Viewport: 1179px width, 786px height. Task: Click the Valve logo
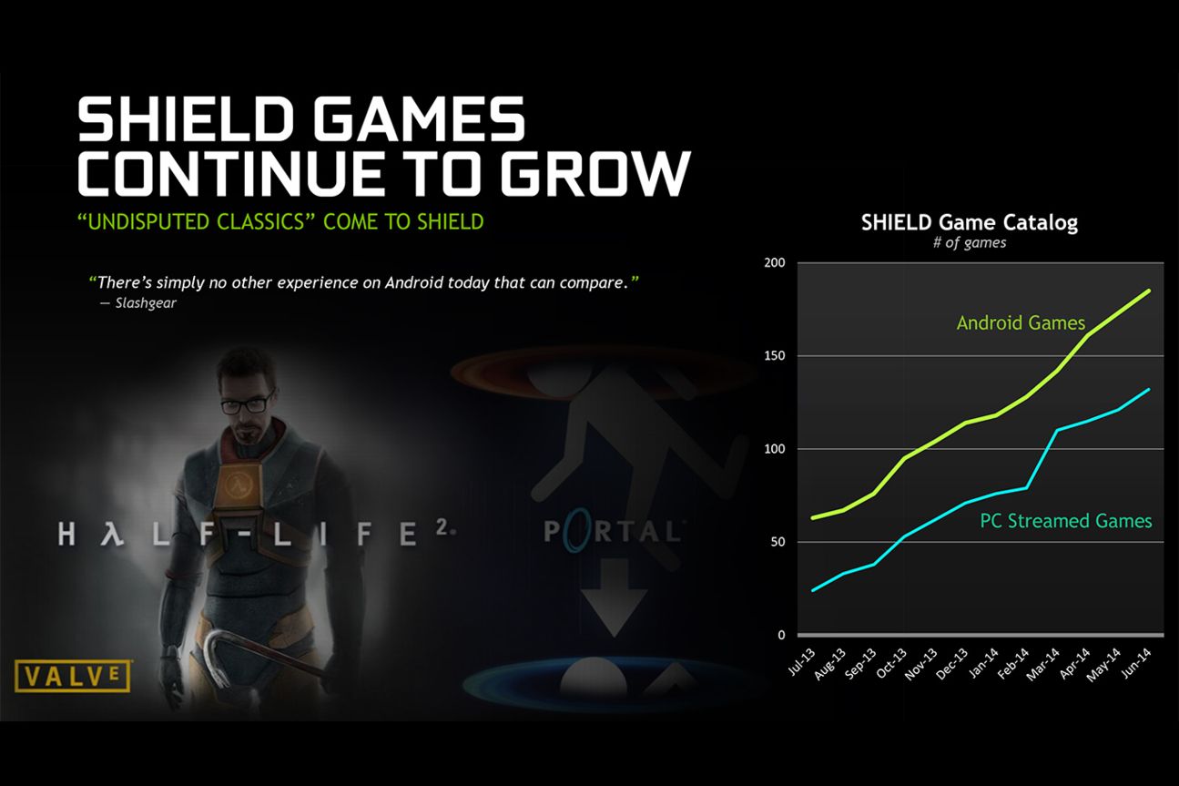[x=72, y=676]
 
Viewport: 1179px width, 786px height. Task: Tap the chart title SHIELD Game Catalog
[x=969, y=222]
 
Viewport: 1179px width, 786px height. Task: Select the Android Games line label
[x=1021, y=322]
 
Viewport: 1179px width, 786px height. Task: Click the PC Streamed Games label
[x=1066, y=521]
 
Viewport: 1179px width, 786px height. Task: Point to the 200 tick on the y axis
[x=774, y=262]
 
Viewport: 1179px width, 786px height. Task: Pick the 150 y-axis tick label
[x=774, y=355]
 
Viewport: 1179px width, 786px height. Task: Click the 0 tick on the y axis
[x=781, y=635]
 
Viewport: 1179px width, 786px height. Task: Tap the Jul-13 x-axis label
[x=801, y=662]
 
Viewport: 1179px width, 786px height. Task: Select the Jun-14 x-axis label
[x=1136, y=663]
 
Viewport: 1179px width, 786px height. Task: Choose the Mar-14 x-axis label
[x=1042, y=664]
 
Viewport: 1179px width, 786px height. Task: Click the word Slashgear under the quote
[x=146, y=303]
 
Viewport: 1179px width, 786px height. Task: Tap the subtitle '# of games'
[x=970, y=242]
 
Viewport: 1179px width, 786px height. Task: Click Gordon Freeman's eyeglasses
[x=246, y=403]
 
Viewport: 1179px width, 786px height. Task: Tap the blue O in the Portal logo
[x=574, y=529]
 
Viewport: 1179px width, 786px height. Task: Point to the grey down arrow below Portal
[x=615, y=598]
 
